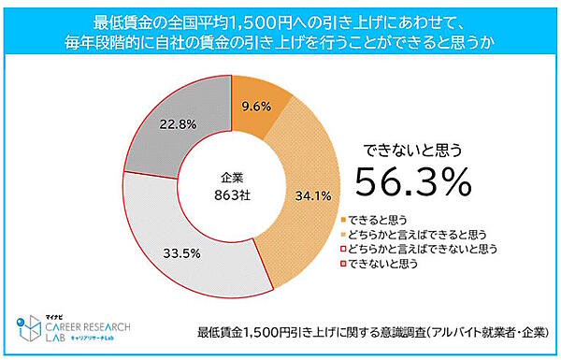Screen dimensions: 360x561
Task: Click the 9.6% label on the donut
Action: pos(252,108)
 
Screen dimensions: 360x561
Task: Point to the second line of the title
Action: pos(280,42)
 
